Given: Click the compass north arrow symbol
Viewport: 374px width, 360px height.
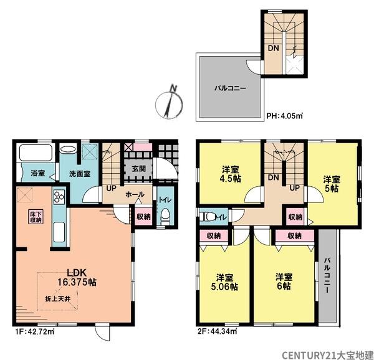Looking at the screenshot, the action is pyautogui.click(x=169, y=103).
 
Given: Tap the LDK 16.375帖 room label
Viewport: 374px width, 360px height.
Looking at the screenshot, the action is pyautogui.click(x=77, y=277).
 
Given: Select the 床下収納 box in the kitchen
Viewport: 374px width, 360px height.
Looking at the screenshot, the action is pyautogui.click(x=36, y=217).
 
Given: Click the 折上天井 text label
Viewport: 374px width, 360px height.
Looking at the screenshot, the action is pyautogui.click(x=58, y=298).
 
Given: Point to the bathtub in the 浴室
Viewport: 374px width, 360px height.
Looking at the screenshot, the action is pyautogui.click(x=36, y=153).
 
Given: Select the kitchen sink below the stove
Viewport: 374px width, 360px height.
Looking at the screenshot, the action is pyautogui.click(x=59, y=232).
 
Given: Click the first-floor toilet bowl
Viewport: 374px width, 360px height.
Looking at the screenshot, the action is pyautogui.click(x=165, y=216).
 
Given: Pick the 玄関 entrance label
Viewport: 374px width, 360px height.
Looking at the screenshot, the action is pyautogui.click(x=139, y=169).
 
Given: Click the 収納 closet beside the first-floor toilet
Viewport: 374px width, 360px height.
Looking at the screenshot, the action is pyautogui.click(x=143, y=216).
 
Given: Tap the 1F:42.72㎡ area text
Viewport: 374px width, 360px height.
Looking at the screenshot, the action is pyautogui.click(x=33, y=331).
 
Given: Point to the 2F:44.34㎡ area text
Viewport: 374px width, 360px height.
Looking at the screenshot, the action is pyautogui.click(x=216, y=331).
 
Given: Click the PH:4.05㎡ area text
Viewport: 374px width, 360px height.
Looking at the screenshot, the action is pyautogui.click(x=284, y=116).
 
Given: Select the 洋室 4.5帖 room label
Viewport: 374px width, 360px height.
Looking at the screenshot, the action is pyautogui.click(x=231, y=174).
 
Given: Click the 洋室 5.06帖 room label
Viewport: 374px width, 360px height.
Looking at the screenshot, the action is pyautogui.click(x=224, y=282).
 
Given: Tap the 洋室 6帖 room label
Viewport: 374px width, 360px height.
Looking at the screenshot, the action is pyautogui.click(x=284, y=282).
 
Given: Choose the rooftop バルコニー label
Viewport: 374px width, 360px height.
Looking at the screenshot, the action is pyautogui.click(x=230, y=88).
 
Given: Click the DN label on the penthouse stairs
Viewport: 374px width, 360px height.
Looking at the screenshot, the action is pyautogui.click(x=274, y=48).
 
